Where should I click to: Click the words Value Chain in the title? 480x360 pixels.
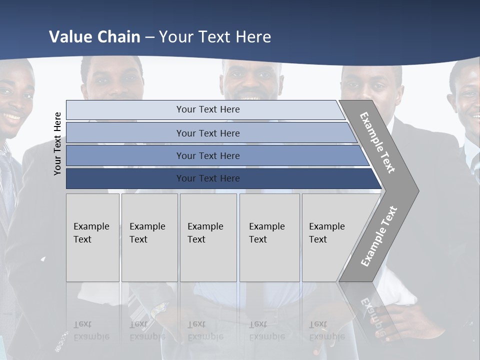click(94, 37)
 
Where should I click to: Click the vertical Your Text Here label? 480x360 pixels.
click(57, 143)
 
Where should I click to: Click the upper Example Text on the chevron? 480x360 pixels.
click(377, 142)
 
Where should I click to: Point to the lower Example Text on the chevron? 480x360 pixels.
click(379, 236)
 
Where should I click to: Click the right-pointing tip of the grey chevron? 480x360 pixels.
click(416, 190)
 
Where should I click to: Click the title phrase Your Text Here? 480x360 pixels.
click(215, 37)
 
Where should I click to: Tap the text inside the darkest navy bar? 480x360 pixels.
click(208, 178)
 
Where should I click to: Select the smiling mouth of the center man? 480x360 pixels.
click(251, 97)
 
